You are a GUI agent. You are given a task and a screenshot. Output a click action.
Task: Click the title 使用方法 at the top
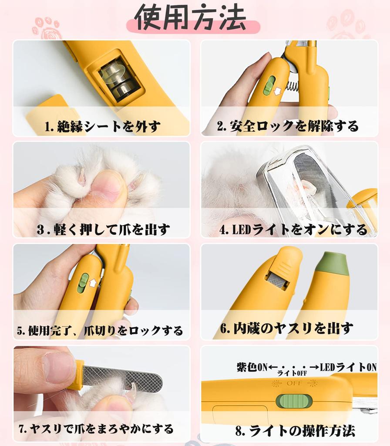pyautogui.click(x=190, y=19)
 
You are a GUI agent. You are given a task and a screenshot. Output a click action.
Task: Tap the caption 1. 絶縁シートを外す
pyautogui.click(x=102, y=127)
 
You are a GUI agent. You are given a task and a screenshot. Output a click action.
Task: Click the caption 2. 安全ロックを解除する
pyautogui.click(x=288, y=126)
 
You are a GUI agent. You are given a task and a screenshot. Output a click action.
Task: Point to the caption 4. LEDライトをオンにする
pyautogui.click(x=293, y=230)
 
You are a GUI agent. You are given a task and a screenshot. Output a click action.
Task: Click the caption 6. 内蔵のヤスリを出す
pyautogui.click(x=286, y=328)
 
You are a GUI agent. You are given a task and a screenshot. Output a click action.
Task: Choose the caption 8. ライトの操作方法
pyautogui.click(x=295, y=431)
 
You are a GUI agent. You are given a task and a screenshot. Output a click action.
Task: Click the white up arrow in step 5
pyautogui.click(x=93, y=284)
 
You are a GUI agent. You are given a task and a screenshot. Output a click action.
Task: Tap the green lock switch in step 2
pyautogui.click(x=269, y=85)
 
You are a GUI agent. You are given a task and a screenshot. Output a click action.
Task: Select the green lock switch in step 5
pyautogui.click(x=83, y=283)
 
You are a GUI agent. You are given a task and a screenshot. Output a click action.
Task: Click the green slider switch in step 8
pyautogui.click(x=294, y=401)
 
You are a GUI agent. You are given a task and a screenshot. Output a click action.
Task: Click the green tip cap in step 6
pyautogui.click(x=333, y=263)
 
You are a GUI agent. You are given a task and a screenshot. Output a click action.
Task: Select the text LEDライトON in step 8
pyautogui.click(x=348, y=367)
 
